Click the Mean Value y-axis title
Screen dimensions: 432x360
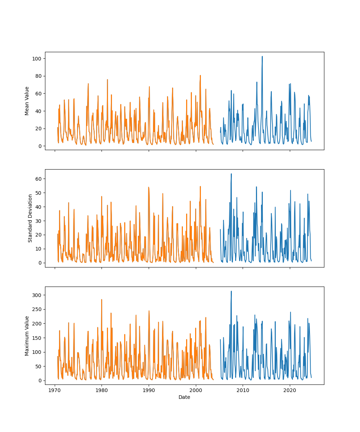point(27,101)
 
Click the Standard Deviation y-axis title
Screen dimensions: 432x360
point(30,218)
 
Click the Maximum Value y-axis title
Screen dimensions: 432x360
point(27,336)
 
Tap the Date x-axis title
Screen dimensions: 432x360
point(184,397)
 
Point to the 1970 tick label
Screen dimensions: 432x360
point(55,390)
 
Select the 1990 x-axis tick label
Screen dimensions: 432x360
point(149,390)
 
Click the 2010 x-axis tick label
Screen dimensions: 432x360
point(243,390)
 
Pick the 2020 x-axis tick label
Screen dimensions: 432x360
point(290,390)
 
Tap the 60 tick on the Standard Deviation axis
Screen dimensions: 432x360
point(39,179)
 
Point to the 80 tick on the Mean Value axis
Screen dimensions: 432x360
point(39,76)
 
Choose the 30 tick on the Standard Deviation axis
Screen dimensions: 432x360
point(39,221)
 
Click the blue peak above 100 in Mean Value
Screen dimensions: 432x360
point(262,57)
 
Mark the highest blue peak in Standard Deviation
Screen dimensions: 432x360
point(231,174)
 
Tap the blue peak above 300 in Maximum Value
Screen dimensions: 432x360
point(231,291)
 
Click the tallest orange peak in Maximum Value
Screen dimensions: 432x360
point(102,300)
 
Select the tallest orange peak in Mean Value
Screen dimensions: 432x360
point(200,76)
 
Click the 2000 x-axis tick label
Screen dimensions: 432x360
point(196,390)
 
